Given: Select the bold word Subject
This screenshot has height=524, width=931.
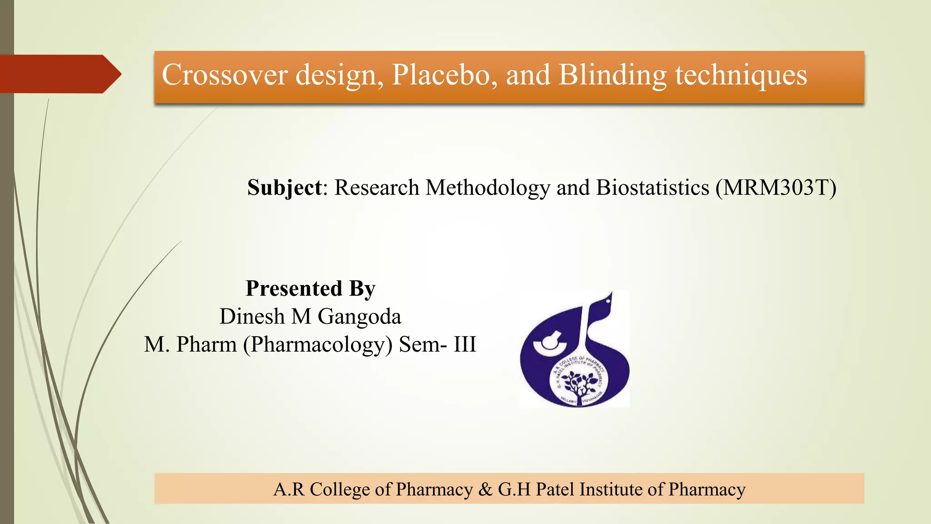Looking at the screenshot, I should [284, 188].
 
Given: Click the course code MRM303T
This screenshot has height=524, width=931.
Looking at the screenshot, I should [776, 188].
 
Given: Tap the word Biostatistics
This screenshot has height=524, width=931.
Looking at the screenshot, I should [652, 188].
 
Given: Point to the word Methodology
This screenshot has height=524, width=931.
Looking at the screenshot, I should [487, 188].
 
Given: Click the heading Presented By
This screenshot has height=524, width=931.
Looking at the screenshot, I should [310, 288].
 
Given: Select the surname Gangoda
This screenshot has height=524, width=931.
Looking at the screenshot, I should [359, 317].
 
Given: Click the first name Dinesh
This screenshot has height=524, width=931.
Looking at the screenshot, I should [252, 317].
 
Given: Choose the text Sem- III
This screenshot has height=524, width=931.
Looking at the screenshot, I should [437, 344].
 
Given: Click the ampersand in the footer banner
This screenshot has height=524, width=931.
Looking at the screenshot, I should [486, 489].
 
